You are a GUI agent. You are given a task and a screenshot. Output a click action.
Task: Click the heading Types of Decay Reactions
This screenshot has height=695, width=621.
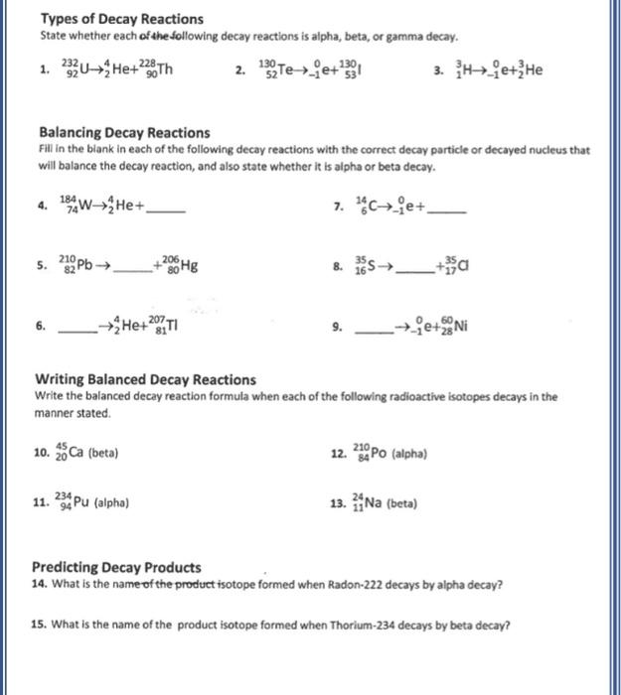tap(121, 19)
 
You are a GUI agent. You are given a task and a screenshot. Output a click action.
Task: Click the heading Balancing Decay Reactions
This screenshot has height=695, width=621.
tap(124, 132)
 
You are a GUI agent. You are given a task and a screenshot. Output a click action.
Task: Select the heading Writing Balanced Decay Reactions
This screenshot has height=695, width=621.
tap(145, 379)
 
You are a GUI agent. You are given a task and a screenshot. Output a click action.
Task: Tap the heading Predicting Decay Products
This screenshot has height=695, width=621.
tap(117, 568)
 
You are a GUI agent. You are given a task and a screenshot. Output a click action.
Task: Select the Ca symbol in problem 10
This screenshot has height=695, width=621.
tap(77, 453)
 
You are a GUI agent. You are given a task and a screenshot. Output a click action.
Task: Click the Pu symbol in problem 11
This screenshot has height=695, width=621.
tap(84, 502)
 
